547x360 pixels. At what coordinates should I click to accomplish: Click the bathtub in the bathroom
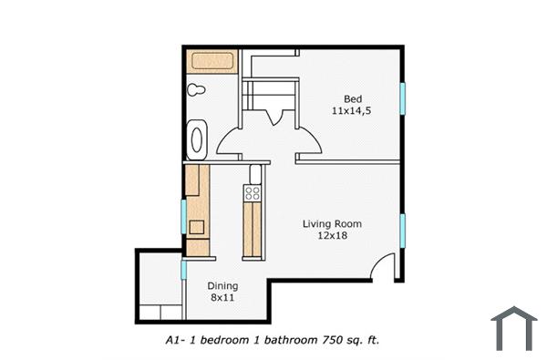[212, 62]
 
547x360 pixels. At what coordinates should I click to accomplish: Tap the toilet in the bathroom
[195, 89]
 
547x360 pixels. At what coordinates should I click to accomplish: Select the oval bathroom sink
[196, 139]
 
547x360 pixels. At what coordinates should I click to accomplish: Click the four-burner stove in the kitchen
[253, 193]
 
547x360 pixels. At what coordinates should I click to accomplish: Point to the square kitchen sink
[196, 229]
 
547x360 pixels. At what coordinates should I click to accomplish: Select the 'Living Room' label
[333, 223]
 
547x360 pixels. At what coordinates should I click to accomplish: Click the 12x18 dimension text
[333, 235]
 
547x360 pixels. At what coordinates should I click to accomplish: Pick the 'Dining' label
[222, 285]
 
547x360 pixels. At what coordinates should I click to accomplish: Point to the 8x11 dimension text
[222, 297]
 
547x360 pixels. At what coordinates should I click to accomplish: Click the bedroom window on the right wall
[402, 98]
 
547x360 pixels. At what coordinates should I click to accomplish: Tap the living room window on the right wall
[402, 231]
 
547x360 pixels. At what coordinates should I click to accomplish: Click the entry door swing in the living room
[387, 267]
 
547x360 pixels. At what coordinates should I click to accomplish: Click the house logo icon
[513, 328]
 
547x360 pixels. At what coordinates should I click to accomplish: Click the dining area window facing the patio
[184, 270]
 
